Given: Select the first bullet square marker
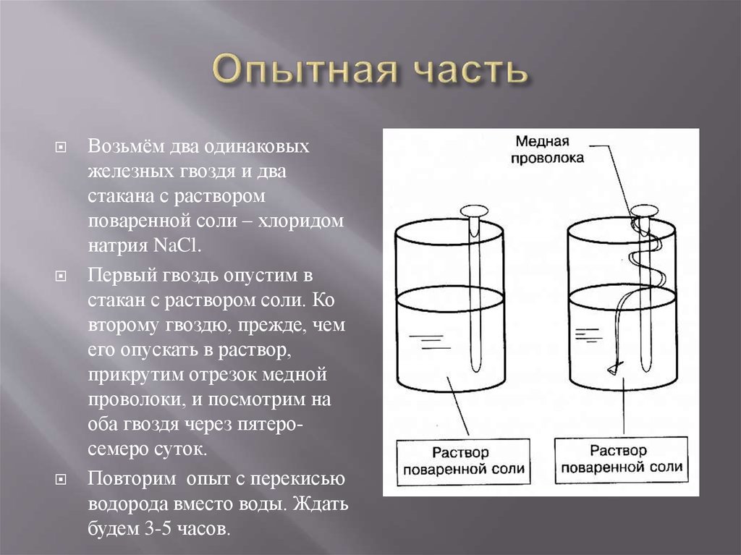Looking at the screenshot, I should (x=61, y=147).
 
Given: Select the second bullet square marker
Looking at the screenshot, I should (x=61, y=277).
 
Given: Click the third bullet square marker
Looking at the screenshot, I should (x=61, y=480).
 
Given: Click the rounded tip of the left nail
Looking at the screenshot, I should (x=475, y=368).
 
